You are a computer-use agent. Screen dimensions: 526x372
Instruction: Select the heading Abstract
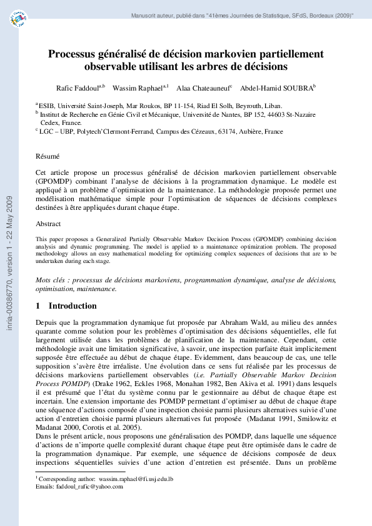pos(48,223)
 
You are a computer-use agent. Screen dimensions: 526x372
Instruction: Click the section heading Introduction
pos(73,306)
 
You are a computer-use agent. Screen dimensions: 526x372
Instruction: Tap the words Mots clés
pos(53,280)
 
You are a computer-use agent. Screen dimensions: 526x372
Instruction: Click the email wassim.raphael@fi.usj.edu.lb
pos(135,478)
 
